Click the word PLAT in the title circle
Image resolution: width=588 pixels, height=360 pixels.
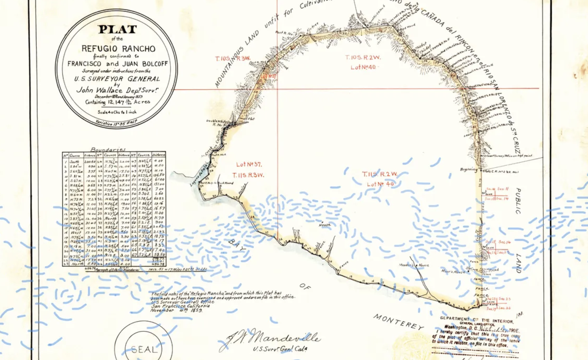click(x=117, y=30)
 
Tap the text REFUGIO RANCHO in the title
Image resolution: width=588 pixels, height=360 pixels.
click(x=118, y=49)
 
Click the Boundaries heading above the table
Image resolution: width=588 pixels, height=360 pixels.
click(x=108, y=149)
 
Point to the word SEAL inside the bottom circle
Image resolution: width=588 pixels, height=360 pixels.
click(x=144, y=349)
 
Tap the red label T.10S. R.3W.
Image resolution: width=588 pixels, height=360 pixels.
click(x=233, y=59)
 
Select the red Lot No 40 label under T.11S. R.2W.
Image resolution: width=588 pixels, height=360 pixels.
click(x=380, y=184)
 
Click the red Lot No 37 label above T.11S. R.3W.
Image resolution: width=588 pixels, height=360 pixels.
click(x=249, y=164)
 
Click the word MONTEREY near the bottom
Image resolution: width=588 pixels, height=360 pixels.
click(x=399, y=322)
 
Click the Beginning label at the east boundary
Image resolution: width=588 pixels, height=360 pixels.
click(x=468, y=170)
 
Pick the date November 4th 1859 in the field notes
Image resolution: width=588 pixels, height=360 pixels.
click(x=176, y=310)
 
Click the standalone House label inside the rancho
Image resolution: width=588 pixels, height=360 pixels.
click(x=325, y=225)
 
